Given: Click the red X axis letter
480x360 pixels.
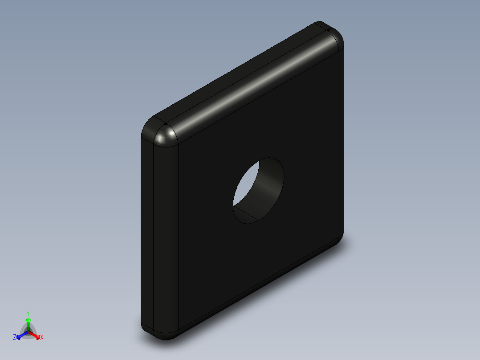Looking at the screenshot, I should point(41,338).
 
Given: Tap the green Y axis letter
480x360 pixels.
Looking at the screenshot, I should point(28,313).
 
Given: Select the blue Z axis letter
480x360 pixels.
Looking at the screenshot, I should point(15,338).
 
